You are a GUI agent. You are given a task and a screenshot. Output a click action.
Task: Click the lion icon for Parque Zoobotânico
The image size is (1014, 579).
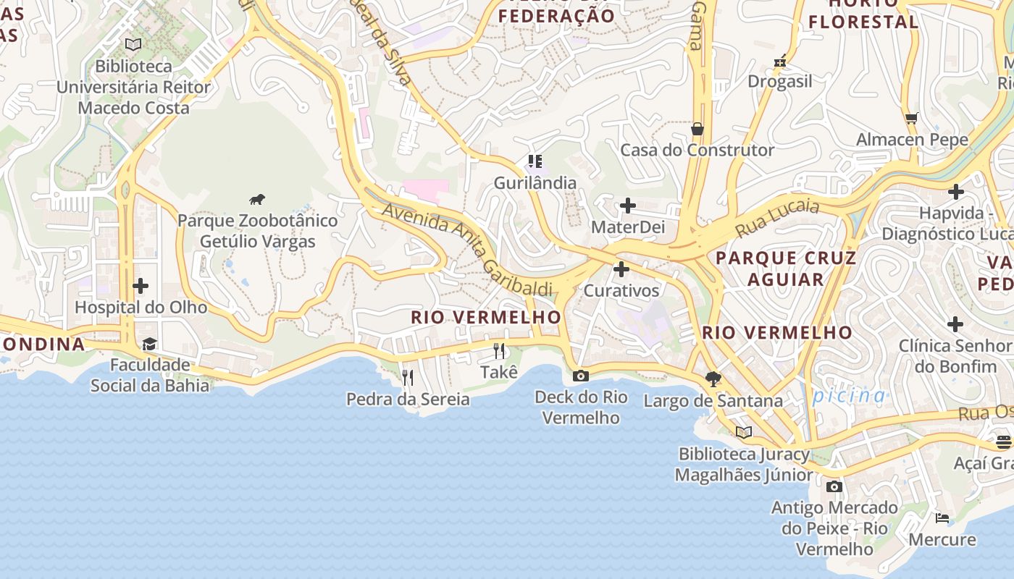(x=257, y=200)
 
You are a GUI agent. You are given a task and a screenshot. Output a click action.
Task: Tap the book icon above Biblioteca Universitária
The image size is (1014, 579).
(x=133, y=45)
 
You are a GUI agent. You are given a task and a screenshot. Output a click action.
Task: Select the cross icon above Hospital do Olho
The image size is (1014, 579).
(x=141, y=287)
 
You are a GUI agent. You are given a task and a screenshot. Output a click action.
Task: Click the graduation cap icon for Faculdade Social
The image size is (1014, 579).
(x=149, y=344)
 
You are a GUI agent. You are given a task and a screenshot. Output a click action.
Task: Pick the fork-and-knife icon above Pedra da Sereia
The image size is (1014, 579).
(x=408, y=377)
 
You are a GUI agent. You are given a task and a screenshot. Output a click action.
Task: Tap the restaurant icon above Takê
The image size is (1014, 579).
(x=499, y=351)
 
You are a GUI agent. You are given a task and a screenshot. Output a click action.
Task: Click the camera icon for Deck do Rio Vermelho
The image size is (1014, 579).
(x=580, y=376)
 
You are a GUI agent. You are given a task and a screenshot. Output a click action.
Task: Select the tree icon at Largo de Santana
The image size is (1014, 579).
(x=713, y=379)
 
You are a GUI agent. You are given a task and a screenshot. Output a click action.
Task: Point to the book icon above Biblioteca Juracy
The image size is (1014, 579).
(x=744, y=433)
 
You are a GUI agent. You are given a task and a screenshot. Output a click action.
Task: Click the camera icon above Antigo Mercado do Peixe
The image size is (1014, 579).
(x=834, y=486)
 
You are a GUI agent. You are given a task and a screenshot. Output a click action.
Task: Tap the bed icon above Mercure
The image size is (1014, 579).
(x=942, y=518)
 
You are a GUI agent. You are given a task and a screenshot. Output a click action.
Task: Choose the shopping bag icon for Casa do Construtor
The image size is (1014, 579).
(x=697, y=129)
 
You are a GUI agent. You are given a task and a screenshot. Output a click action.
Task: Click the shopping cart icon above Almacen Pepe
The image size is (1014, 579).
(x=912, y=118)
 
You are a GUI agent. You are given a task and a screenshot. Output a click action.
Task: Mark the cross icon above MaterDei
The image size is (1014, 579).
(x=628, y=206)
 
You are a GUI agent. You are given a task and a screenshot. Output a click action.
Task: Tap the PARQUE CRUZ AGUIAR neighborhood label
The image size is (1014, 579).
(x=786, y=269)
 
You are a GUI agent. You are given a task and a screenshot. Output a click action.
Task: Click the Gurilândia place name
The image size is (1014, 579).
(x=535, y=183)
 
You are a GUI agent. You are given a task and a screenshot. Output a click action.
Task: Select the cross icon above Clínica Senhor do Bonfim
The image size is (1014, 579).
(x=955, y=324)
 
